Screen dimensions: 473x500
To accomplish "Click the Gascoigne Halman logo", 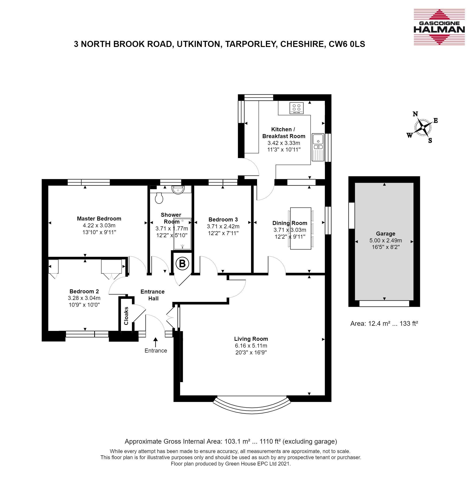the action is [439, 27].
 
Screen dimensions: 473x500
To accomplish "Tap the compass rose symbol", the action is [422, 127].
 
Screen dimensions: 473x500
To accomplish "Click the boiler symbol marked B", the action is [182, 264].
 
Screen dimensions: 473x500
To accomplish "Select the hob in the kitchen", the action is [297, 108].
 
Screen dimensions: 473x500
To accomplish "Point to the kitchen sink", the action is [318, 147].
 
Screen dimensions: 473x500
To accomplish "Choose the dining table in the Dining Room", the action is [300, 228].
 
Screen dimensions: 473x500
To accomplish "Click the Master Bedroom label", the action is [99, 218].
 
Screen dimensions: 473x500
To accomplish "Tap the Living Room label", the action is [251, 339].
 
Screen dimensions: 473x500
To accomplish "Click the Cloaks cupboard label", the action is [126, 316].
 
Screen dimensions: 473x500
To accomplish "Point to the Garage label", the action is [386, 234].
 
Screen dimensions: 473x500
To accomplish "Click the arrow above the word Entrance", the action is [156, 342].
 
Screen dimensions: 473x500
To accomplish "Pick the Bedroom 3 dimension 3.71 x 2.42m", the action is [223, 226].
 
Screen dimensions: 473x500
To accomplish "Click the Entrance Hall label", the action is [152, 295].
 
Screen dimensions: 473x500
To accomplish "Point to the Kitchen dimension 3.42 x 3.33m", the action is [284, 143].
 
